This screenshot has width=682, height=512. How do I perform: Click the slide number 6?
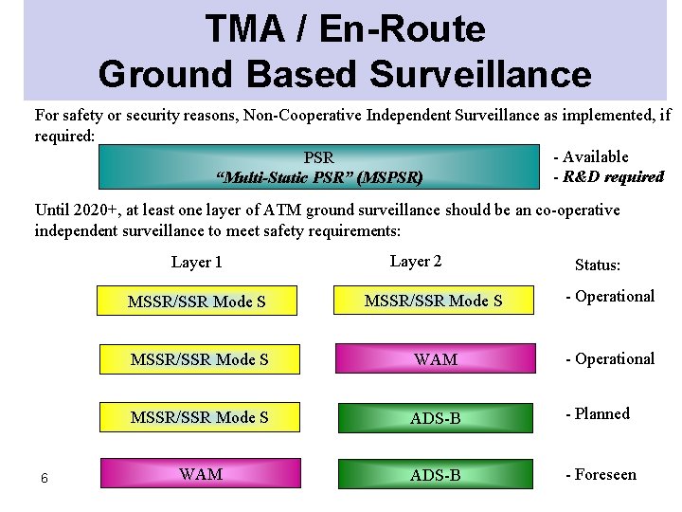point(44,478)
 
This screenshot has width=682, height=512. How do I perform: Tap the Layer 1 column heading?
point(197,263)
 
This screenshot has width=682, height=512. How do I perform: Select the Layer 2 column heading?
point(415,262)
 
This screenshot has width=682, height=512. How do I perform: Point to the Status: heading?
point(598,266)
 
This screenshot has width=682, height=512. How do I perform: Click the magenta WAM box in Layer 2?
point(436,359)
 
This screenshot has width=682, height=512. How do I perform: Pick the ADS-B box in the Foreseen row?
point(436,474)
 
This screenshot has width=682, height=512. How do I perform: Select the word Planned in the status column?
point(602,413)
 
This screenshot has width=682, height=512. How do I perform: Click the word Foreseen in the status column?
point(605,474)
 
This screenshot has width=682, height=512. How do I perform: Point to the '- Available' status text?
point(591,157)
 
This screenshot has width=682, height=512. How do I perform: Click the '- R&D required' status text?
point(608,176)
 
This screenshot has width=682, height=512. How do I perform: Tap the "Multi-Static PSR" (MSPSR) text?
point(319,177)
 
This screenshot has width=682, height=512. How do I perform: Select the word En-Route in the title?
point(402,29)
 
